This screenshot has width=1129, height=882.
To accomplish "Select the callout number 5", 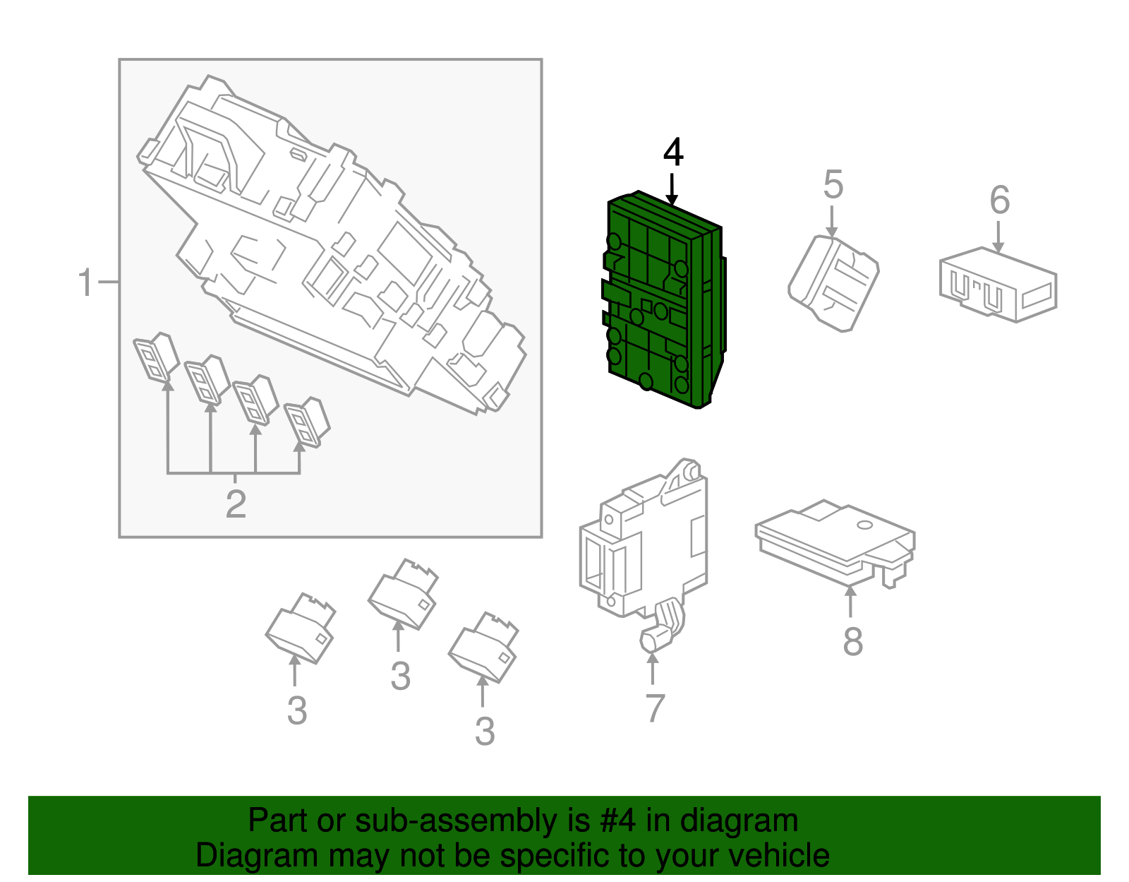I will tap(833, 185).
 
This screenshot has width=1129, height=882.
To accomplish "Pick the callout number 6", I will tap(999, 201).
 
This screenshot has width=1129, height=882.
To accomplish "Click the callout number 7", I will tap(655, 708).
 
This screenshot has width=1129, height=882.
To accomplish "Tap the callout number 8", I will tap(852, 642).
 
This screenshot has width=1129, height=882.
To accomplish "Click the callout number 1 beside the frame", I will tap(85, 283).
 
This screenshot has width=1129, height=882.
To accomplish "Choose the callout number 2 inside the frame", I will tap(236, 504).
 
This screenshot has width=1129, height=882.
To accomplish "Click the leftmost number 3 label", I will tap(297, 711).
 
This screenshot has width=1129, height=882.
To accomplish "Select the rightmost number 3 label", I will tap(484, 732).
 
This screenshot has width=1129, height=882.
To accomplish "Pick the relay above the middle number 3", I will tap(403, 594).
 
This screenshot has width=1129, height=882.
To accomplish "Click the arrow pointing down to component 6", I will tap(998, 237).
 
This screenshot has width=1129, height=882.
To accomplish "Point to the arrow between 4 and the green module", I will tap(672, 189).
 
